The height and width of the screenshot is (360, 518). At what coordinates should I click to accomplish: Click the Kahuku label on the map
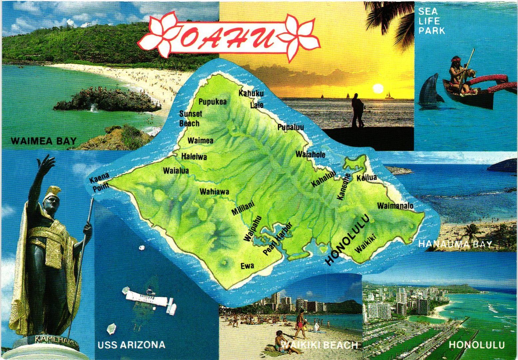[x=251, y=93]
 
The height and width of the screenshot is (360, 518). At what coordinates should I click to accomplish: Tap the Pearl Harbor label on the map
[x=277, y=239]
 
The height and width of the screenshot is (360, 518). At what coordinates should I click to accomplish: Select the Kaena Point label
[x=99, y=182]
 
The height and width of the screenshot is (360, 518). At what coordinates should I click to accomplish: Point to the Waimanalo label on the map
[x=395, y=206]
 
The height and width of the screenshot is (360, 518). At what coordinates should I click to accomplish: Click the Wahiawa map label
[x=214, y=192]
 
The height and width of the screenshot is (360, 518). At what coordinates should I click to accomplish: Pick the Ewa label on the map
[x=247, y=266]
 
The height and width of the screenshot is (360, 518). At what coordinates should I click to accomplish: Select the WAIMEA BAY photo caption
[x=44, y=141]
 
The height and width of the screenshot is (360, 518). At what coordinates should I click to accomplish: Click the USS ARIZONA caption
[x=131, y=345]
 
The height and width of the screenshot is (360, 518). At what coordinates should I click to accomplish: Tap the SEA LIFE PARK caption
[x=431, y=21]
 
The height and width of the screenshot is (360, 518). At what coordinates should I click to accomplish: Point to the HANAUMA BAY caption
[x=455, y=244]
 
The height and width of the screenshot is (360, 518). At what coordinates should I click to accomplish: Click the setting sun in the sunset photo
[x=378, y=88]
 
